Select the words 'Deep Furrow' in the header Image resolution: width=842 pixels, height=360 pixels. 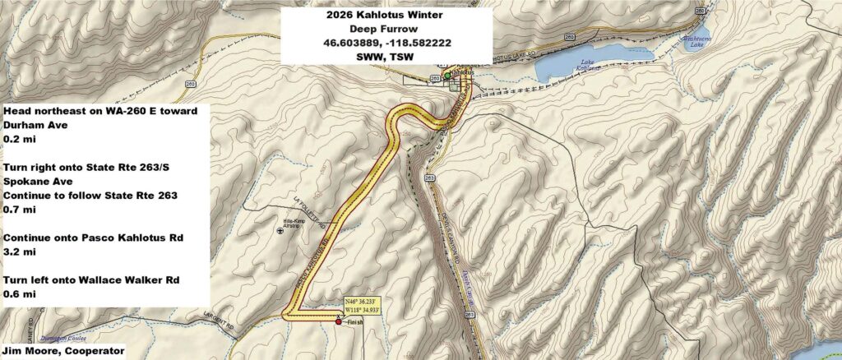coord(386,27)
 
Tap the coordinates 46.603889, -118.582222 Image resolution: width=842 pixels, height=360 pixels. coord(386,41)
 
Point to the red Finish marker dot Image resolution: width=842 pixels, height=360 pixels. coord(339,323)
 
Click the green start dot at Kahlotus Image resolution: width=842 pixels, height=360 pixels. coord(446,76)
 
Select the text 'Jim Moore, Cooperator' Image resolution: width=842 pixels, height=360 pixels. coord(64,351)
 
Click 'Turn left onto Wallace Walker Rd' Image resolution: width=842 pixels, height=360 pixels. coord(97,281)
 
